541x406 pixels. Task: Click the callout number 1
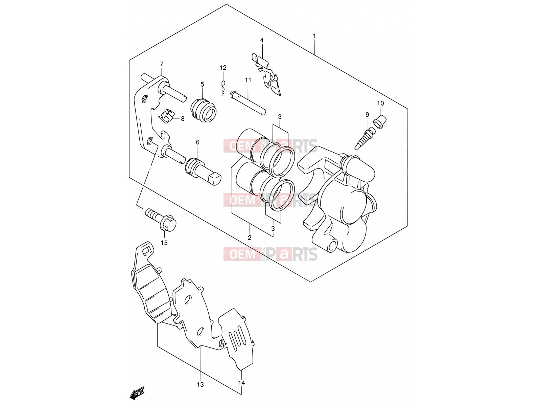(x=314, y=36)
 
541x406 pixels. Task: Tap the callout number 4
(x=262, y=40)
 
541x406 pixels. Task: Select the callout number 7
(x=161, y=64)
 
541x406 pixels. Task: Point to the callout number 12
(x=223, y=68)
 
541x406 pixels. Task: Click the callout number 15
(x=164, y=243)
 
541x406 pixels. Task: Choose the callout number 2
(x=250, y=238)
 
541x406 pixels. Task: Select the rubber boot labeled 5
(x=204, y=110)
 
